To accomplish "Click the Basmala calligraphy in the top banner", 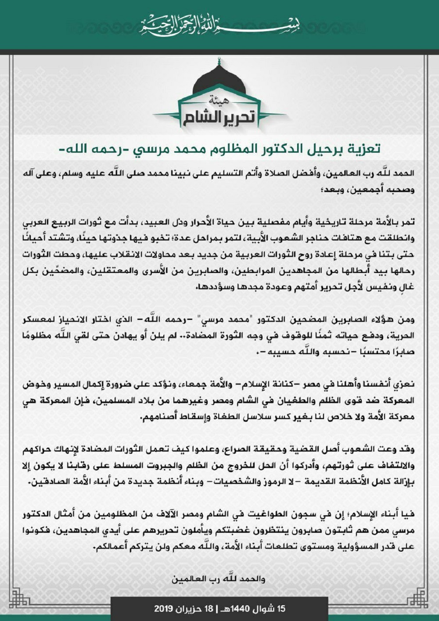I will tap(219, 26).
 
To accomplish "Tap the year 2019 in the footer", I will tap(165, 609).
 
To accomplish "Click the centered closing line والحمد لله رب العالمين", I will tap(219, 579).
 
